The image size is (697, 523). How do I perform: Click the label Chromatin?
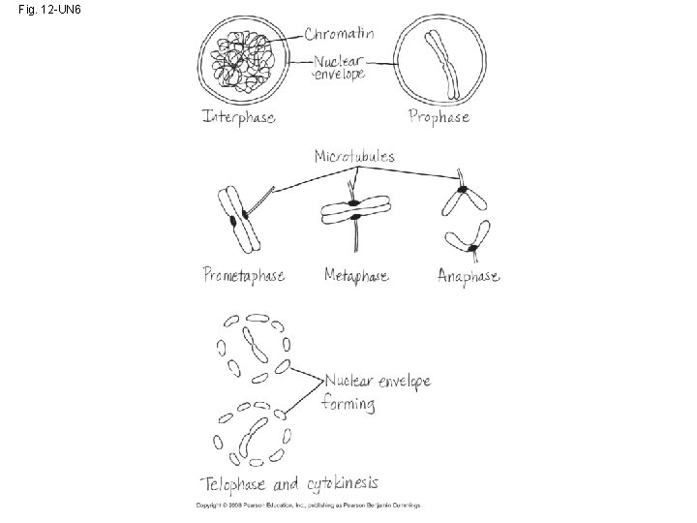pos(339,34)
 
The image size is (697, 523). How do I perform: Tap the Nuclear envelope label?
pos(338,68)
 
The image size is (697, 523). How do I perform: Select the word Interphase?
pos(238,117)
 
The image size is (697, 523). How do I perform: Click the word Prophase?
pos(439,117)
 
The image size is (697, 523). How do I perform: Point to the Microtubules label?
pos(354,156)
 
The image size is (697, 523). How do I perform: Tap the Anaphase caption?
pos(469,276)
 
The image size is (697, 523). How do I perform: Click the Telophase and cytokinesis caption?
pos(288,482)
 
